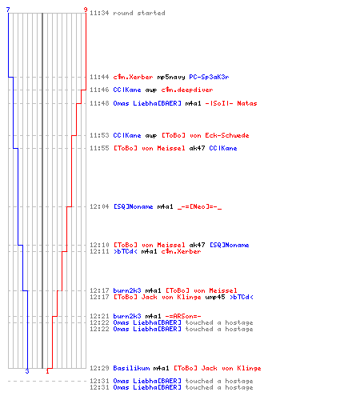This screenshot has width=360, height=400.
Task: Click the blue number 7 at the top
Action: pos(8,10)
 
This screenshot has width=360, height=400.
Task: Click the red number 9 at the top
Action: pos(86,10)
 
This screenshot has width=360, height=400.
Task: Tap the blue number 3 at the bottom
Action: pos(27,371)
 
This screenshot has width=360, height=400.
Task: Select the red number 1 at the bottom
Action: pos(47,371)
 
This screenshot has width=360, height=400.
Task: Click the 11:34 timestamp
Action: pos(99,13)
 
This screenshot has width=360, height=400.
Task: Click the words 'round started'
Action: pos(139,13)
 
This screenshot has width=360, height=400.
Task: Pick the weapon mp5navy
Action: pos(171,78)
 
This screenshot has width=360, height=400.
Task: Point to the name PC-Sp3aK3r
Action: pos(209,77)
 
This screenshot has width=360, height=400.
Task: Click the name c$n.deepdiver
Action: pos(187,90)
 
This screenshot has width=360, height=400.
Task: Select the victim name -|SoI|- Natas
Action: pos(231,103)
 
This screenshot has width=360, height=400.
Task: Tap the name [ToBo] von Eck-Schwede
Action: pos(206,135)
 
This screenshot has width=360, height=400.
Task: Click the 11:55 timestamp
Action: pos(99,148)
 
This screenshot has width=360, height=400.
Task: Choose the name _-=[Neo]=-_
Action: pos(199,206)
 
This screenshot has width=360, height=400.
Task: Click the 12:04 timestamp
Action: pos(99,206)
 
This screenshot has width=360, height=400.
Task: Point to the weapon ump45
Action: pos(215,297)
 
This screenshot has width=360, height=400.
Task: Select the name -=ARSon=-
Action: pos(183,316)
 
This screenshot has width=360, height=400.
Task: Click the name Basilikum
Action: pos(131,368)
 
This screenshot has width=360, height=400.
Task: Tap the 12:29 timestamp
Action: pos(99,368)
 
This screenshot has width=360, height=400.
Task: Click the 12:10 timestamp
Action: pos(99,245)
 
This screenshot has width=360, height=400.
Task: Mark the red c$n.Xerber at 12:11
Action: pos(181,251)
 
